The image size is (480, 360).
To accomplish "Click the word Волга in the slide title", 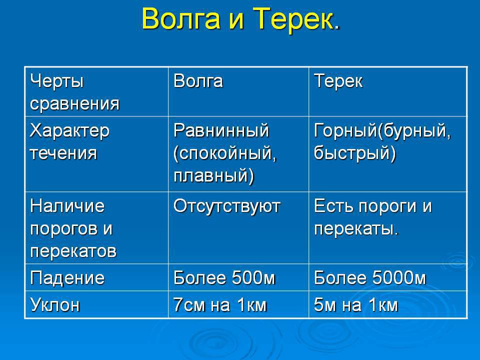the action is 181,19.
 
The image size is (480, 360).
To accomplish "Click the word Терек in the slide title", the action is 293,18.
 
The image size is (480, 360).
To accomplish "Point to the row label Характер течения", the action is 69,141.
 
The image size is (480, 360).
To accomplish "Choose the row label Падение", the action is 67,278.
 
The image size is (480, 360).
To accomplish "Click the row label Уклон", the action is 55,305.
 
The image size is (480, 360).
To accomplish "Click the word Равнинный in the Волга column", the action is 221,131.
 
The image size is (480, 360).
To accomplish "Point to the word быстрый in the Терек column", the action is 352,153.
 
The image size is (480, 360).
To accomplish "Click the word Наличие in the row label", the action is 67,206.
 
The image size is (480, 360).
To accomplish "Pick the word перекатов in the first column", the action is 73,251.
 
